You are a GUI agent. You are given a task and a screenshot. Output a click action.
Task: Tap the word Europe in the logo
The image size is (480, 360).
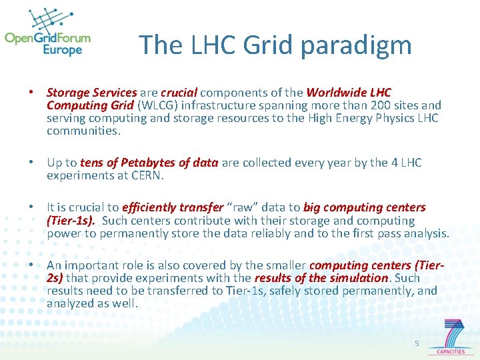click(62, 50)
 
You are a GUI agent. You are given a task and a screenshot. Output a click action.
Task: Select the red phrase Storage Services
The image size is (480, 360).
click(91, 93)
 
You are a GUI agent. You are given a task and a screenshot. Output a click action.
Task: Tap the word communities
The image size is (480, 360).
click(82, 131)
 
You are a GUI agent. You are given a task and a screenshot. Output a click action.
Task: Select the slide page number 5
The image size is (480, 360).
click(417, 343)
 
